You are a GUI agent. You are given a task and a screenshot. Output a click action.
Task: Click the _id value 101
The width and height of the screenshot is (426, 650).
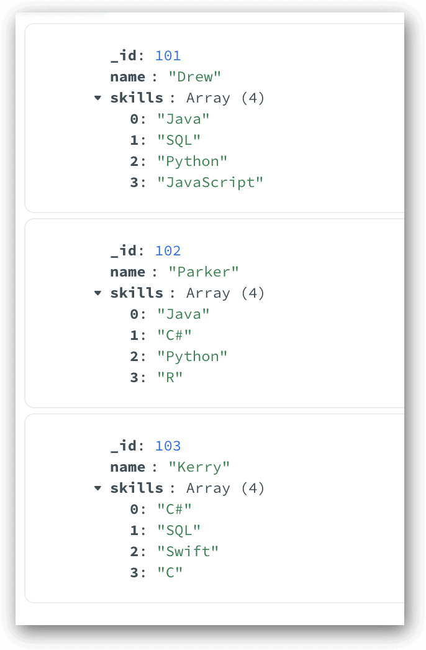pos(168,55)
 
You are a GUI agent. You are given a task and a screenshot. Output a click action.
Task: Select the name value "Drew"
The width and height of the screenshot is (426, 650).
pos(195,76)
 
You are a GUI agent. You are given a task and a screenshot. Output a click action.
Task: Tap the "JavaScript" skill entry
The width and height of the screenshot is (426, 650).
pos(210,183)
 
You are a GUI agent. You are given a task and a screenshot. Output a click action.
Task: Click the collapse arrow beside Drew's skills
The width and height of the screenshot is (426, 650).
pos(97,98)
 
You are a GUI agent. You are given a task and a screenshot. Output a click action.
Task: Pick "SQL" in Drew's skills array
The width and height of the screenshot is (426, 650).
pos(179,140)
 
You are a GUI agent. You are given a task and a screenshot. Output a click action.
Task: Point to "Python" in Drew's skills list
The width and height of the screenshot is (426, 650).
pos(193,161)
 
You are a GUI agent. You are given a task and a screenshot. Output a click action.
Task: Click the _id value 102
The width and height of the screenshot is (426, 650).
pos(168,251)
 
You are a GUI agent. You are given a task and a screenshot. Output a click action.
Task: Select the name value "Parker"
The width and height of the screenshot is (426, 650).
pos(204,272)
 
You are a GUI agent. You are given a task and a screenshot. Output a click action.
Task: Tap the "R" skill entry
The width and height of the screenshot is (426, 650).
pos(170,377)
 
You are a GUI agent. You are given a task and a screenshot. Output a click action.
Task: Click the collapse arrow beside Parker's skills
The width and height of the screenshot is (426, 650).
pos(97,293)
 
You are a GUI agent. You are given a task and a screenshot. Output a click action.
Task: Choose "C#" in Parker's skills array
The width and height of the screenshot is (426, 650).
pos(174,335)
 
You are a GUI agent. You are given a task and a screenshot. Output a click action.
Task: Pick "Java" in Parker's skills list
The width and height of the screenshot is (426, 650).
pos(183,314)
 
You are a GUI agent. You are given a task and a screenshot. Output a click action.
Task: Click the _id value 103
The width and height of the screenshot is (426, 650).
pos(168,446)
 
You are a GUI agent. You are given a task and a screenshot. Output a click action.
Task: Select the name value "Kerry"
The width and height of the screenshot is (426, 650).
pos(199,467)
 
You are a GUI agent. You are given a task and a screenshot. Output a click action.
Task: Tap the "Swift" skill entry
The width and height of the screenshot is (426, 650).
pos(188,551)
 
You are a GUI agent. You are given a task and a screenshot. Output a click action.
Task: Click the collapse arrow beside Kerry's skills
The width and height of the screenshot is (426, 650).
pos(97,488)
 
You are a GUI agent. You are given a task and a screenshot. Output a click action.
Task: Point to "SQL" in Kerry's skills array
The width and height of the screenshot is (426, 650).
pos(179,530)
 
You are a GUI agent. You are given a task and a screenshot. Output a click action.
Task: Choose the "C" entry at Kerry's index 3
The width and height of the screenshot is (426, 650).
pos(170,572)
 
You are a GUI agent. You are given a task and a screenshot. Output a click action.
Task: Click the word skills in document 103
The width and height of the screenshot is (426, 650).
pos(137,488)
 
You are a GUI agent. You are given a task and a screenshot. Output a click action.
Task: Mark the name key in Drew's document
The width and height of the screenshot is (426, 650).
pos(128,77)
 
